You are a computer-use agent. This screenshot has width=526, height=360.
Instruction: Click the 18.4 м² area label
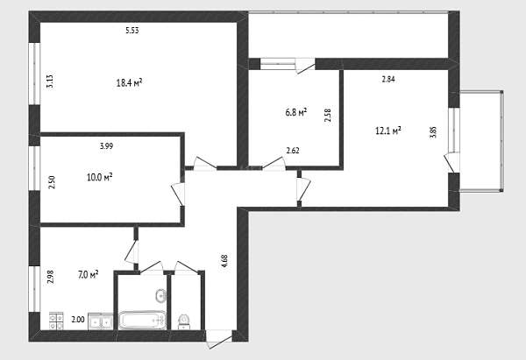pos(129,82)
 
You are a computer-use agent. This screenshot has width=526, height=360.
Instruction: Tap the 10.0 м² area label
pos(100,177)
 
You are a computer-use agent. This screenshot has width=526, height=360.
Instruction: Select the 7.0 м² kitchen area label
pos(89,275)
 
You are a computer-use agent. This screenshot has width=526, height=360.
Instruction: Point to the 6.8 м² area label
pos(296,112)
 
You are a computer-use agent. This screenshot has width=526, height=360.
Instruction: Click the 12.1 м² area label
pos(388,130)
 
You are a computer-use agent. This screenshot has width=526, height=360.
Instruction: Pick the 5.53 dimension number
pos(132,31)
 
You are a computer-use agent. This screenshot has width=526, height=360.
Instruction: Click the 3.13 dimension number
pos(50,81)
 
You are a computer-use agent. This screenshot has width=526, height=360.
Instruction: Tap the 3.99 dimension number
pos(107,146)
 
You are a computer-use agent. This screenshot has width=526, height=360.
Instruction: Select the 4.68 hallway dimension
pos(224,261)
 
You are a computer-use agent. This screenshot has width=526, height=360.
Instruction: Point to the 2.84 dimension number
pos(388,80)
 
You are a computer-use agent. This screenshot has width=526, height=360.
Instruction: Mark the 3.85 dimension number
pos(433,131)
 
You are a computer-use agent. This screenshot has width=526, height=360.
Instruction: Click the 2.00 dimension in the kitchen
pos(78,320)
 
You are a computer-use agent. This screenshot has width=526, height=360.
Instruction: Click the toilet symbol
pos(183,322)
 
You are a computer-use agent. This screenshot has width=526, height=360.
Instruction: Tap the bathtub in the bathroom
pos(142,321)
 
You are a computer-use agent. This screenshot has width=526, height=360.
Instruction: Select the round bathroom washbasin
pos(161,296)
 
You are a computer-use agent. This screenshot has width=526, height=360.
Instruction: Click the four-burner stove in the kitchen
pos(56,321)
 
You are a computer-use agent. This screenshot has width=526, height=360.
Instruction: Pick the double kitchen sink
pos(101,321)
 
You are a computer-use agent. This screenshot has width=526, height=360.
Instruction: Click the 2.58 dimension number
pos(328,115)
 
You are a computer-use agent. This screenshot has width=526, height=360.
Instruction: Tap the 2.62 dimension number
pos(293,151)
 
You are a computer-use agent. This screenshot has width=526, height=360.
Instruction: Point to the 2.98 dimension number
pos(50,277)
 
